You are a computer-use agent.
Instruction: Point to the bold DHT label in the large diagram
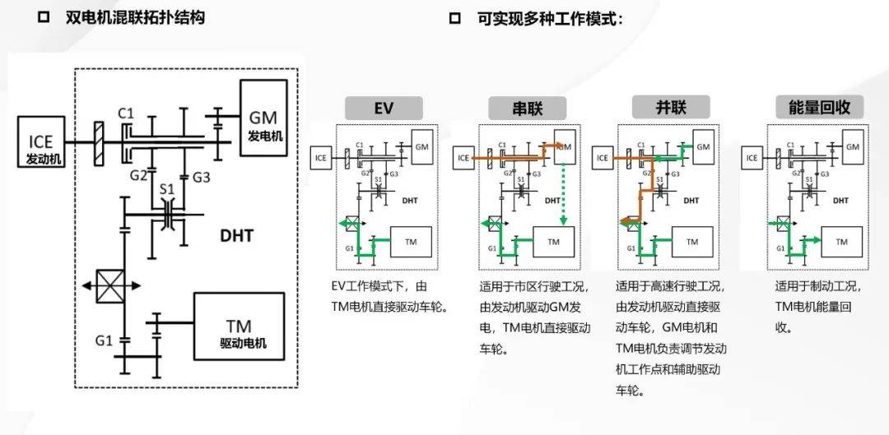(x=236, y=236)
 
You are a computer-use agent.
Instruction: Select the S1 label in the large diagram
(x=167, y=188)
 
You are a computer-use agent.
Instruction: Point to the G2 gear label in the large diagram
(x=137, y=175)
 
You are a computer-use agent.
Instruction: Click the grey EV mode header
(x=383, y=108)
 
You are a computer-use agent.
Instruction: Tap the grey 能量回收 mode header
(x=813, y=107)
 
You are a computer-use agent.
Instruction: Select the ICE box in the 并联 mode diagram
(x=602, y=157)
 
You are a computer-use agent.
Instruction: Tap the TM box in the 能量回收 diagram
(x=841, y=241)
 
